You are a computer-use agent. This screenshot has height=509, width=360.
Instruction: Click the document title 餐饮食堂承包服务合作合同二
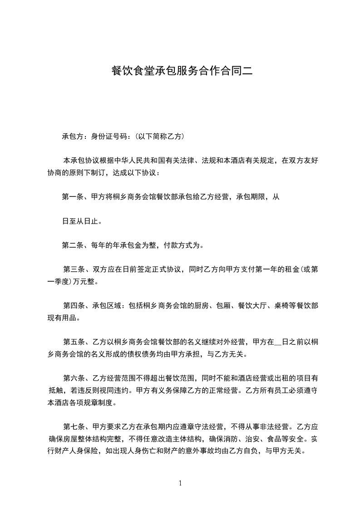[180, 71]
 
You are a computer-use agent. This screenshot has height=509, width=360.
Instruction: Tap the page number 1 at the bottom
[180, 483]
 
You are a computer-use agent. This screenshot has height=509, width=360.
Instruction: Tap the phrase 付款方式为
[182, 246]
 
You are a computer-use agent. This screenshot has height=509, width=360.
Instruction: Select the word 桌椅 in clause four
[282, 306]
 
